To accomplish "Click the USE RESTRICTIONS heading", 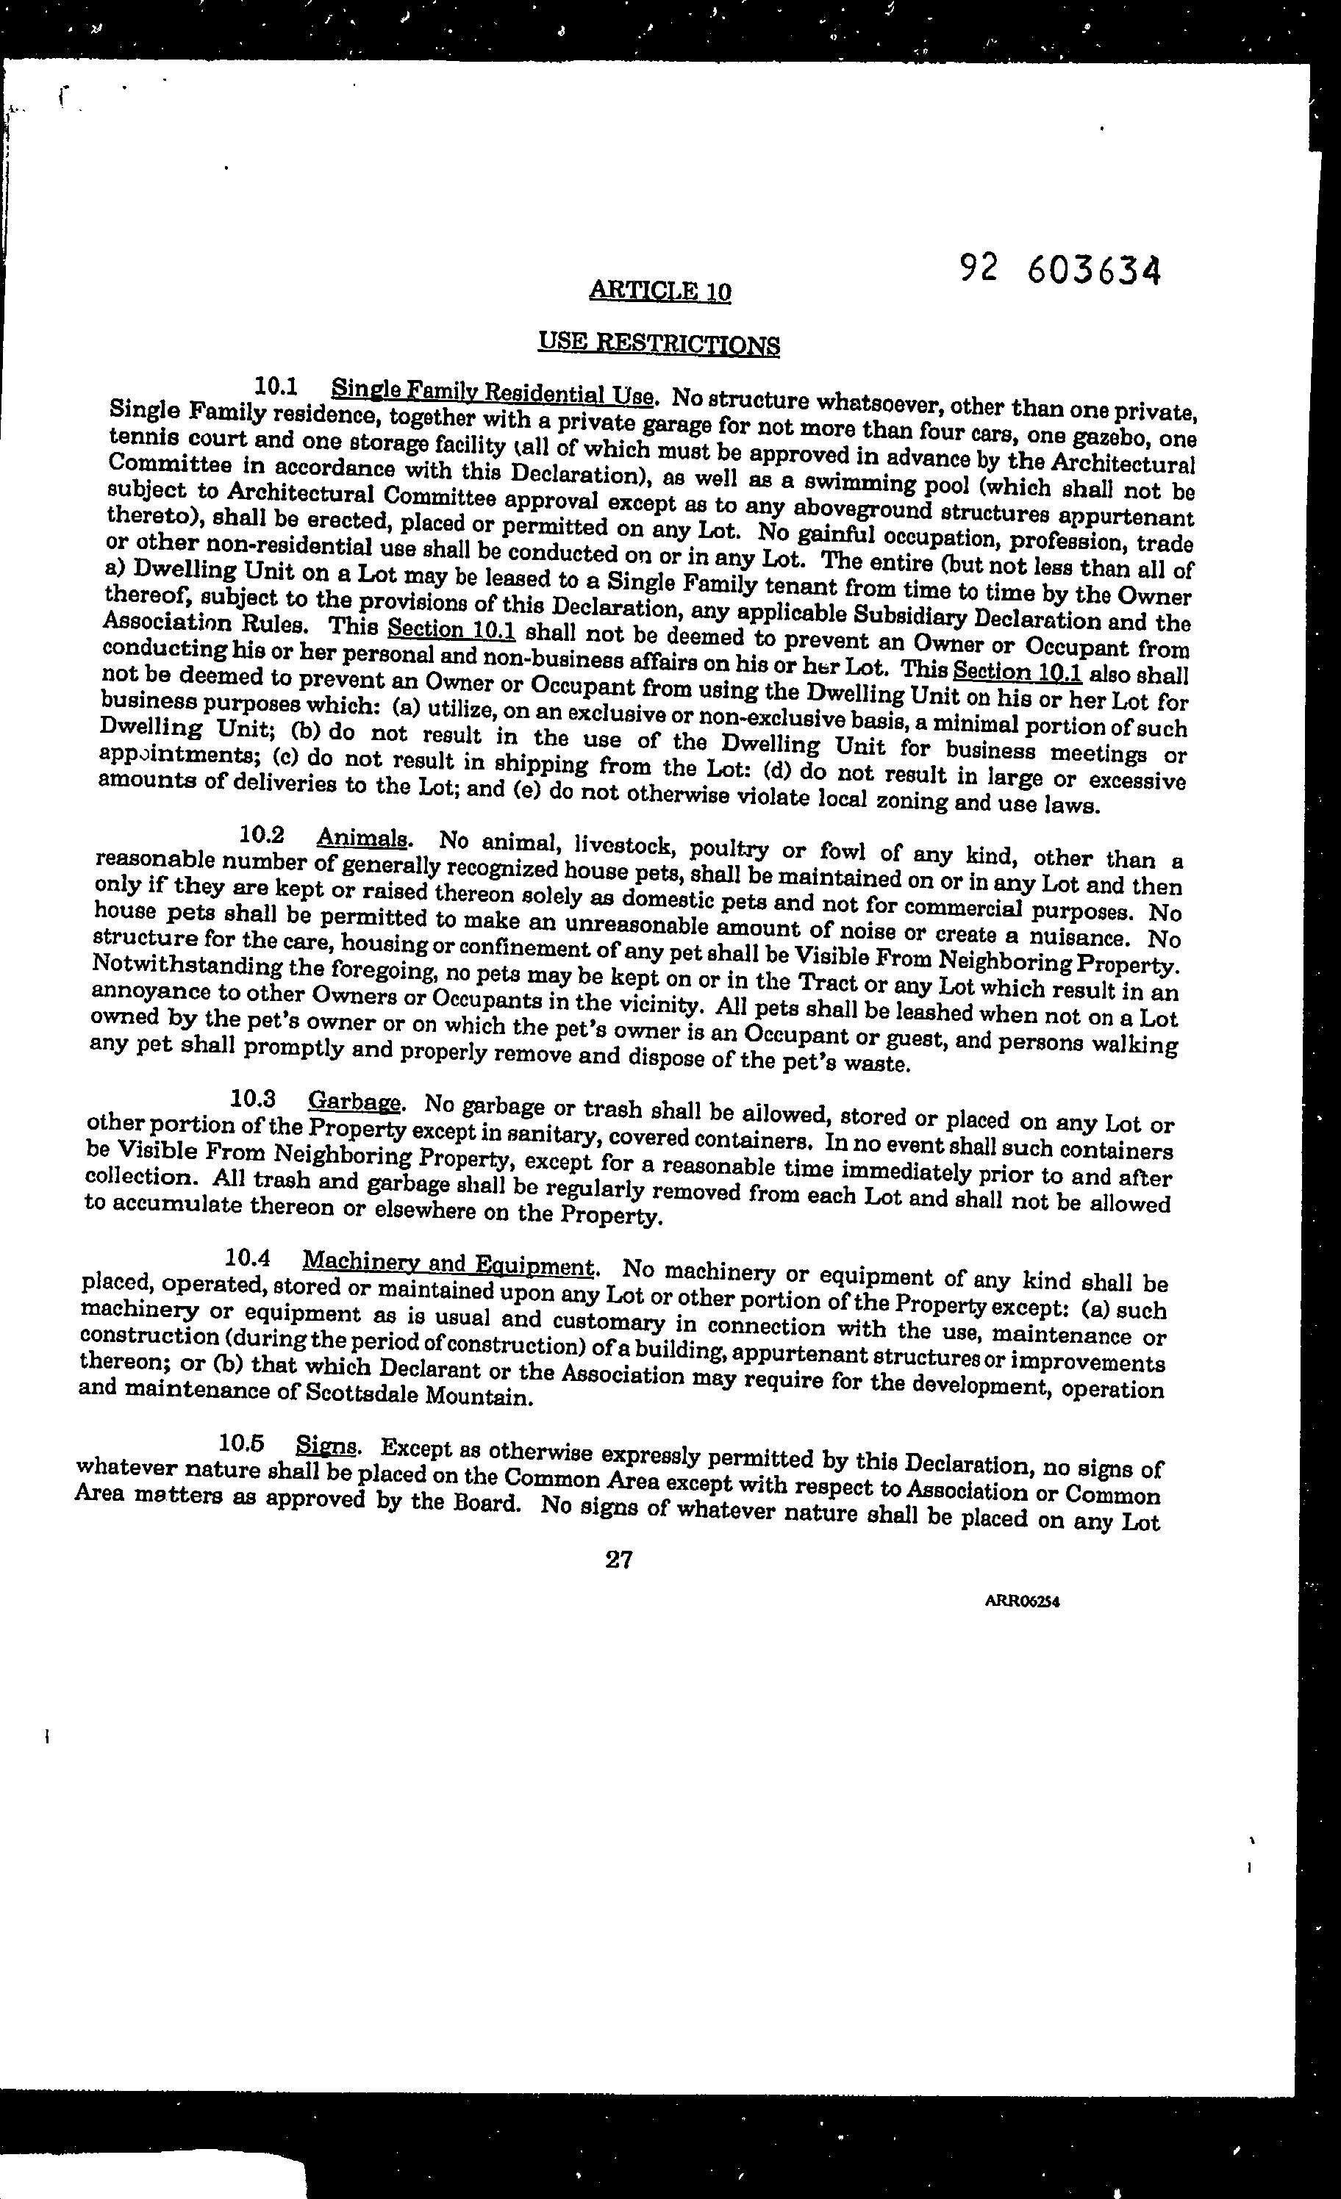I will pyautogui.click(x=659, y=344).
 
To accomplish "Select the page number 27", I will pyautogui.click(x=619, y=1559).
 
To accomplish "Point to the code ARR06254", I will pyautogui.click(x=1022, y=1601).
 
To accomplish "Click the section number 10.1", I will pyautogui.click(x=276, y=387).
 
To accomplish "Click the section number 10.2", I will pyautogui.click(x=262, y=834).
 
